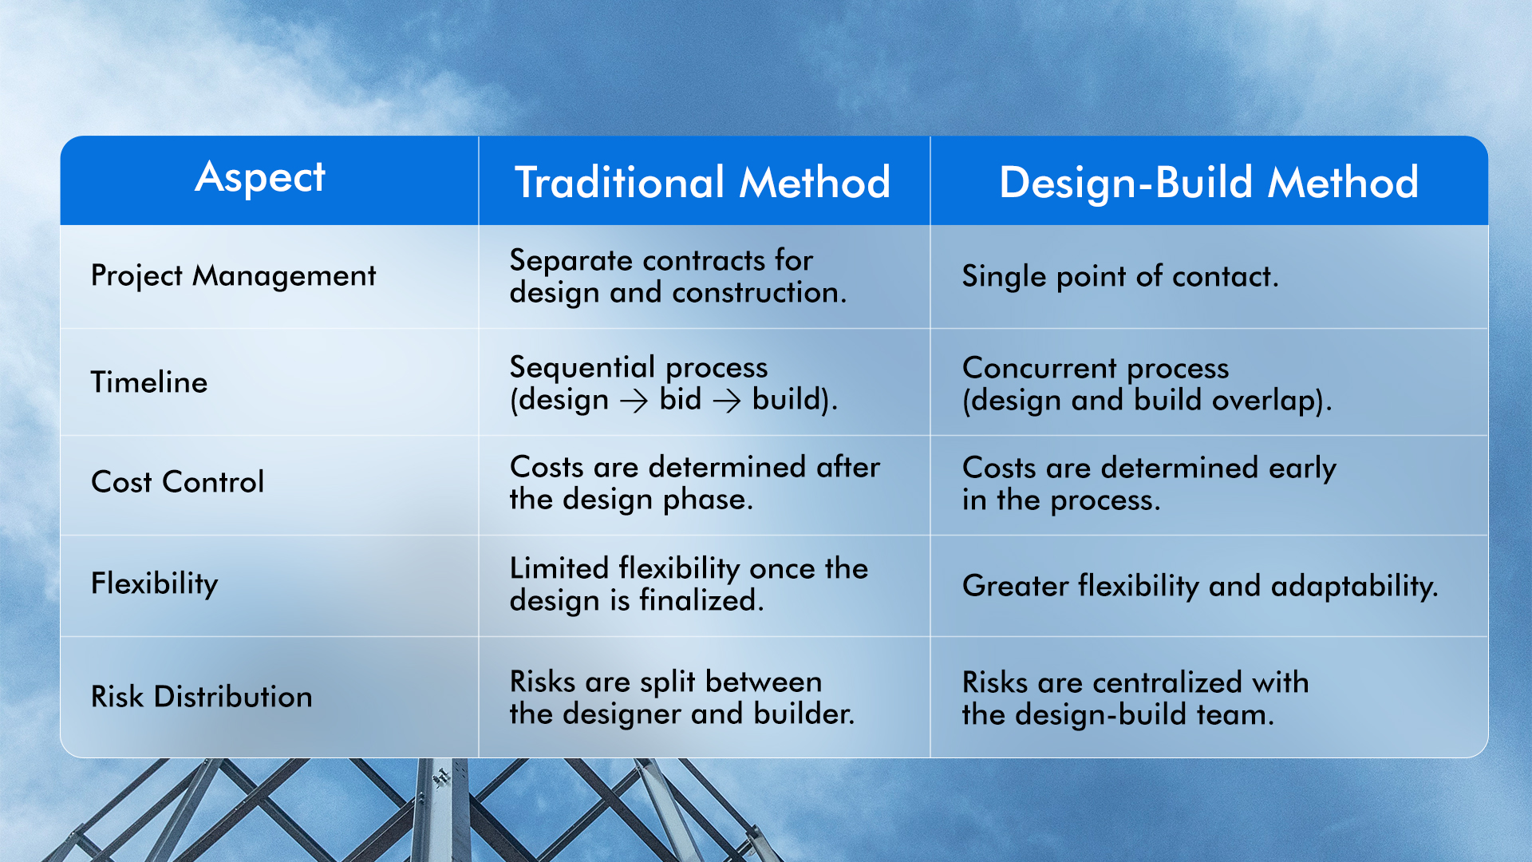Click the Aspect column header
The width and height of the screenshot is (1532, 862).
(x=260, y=177)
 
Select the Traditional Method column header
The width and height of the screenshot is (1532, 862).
(x=702, y=182)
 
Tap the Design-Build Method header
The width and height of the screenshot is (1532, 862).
(x=1208, y=182)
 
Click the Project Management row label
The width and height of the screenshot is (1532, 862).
(x=233, y=276)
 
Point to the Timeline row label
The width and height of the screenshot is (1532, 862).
(x=149, y=382)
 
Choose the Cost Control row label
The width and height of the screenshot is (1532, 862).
(x=177, y=482)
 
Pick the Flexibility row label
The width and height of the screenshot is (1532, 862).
(x=154, y=583)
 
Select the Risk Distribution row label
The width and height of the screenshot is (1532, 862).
(x=201, y=697)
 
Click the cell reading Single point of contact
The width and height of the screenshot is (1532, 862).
(x=1119, y=276)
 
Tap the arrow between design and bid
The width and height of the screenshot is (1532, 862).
(x=634, y=400)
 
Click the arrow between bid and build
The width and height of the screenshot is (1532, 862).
(x=727, y=400)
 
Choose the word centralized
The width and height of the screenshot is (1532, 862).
(x=1167, y=682)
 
